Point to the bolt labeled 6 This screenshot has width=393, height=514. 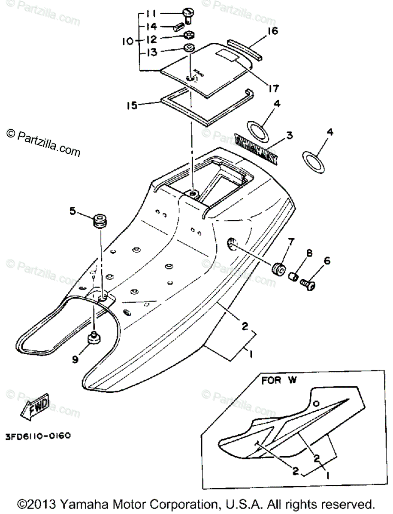pos(308,284)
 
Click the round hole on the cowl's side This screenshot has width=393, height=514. pos(232,245)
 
